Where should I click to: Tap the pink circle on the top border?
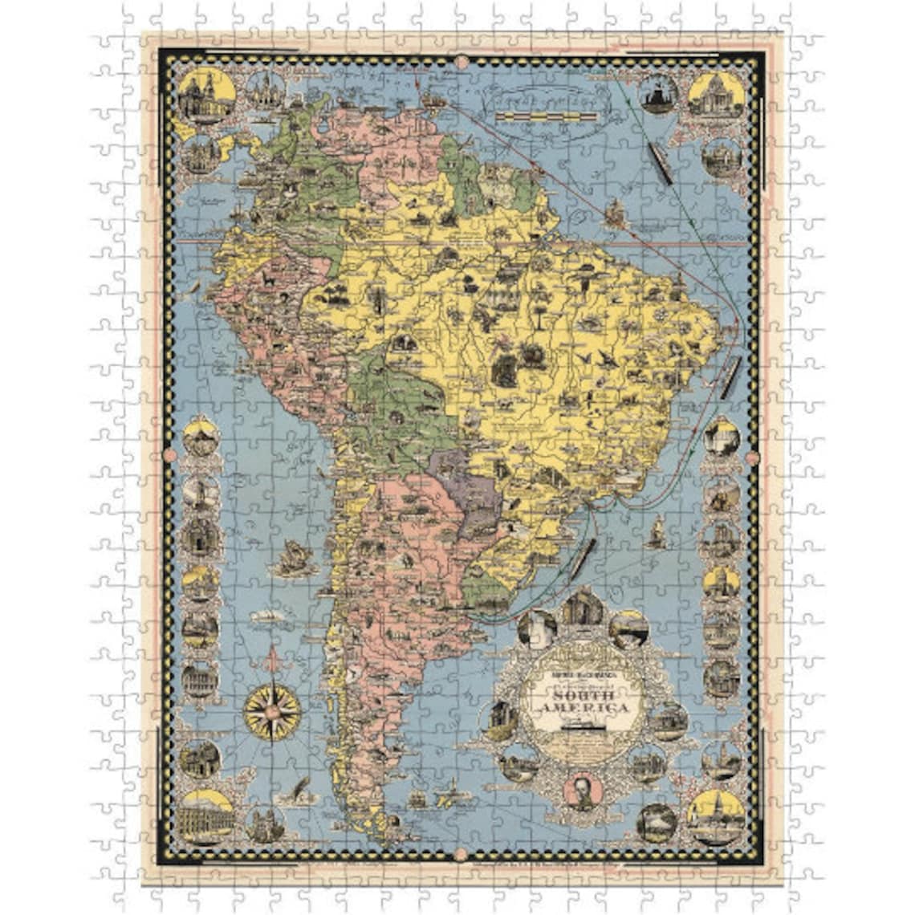pos(461,61)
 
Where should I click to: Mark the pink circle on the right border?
pos(751,458)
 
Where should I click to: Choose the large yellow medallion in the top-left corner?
pos(206,97)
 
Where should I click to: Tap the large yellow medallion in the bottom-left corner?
pos(207,815)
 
